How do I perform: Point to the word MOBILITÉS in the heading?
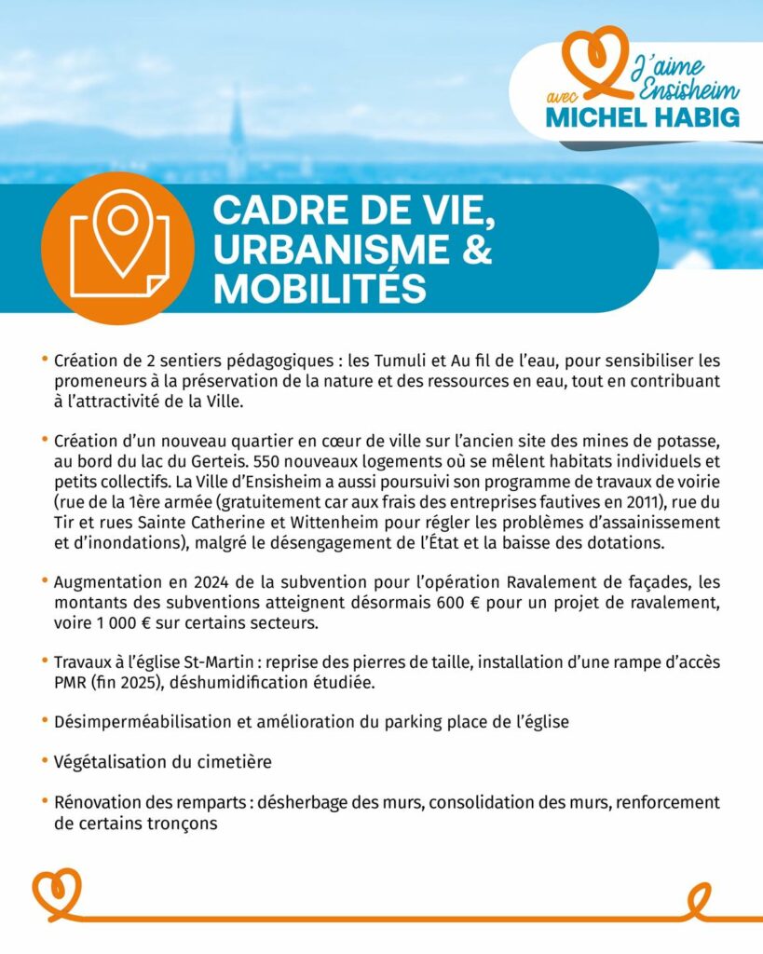[x=320, y=290]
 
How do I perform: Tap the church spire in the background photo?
[x=238, y=130]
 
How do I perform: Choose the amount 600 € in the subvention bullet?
[x=458, y=602]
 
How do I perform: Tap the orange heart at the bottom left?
[x=57, y=892]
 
